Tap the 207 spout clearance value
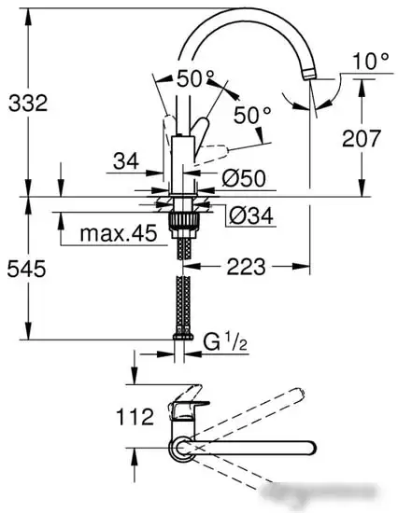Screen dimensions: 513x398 [x=362, y=139]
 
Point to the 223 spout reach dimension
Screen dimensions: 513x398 [x=246, y=267]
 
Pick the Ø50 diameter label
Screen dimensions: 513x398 [x=245, y=177]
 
